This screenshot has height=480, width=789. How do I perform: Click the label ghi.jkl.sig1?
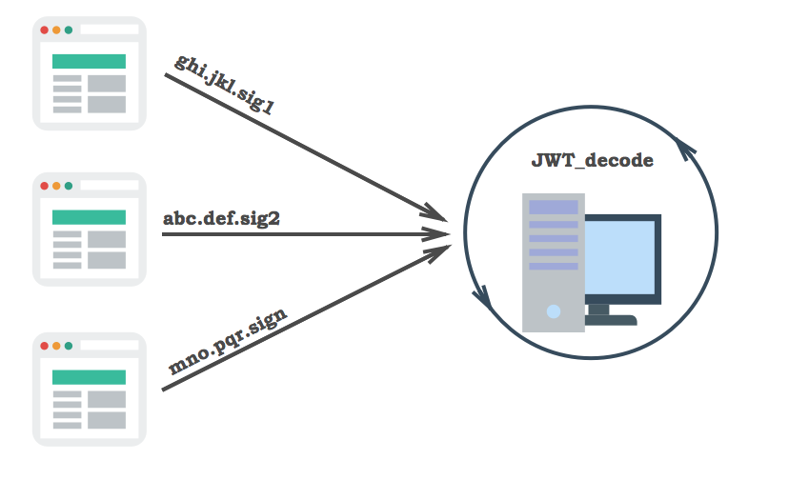point(225,85)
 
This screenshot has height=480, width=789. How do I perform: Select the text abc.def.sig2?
point(221,217)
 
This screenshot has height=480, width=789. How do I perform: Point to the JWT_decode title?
point(592,160)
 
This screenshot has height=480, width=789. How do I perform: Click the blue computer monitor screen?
point(620,260)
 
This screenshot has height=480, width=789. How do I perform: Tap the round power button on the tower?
point(554,311)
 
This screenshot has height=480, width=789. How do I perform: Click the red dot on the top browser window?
point(44,30)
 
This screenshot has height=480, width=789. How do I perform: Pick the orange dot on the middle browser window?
point(56,186)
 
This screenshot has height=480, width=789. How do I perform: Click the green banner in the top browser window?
point(89,61)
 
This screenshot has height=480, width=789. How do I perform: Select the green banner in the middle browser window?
point(89,217)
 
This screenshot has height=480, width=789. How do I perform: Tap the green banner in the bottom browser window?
point(89,376)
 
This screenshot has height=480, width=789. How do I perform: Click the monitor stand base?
point(610,319)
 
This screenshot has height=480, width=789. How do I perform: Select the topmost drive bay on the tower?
point(554,208)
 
